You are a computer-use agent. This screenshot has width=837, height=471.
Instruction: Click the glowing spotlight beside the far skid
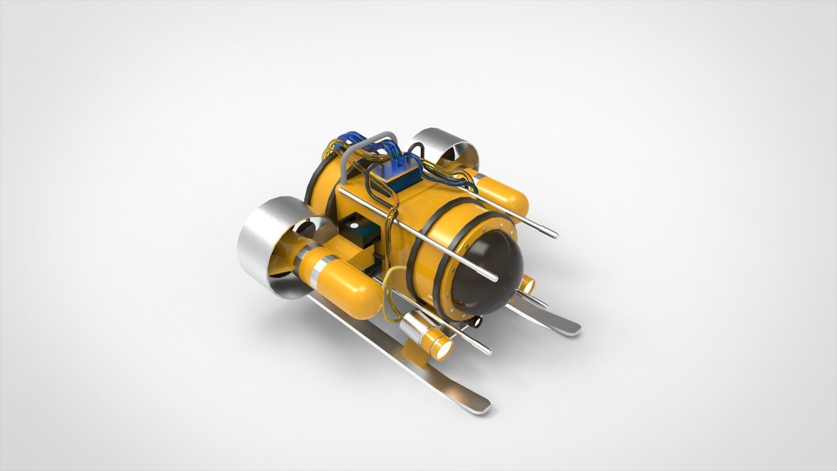529,286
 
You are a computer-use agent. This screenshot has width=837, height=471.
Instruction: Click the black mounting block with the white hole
355,229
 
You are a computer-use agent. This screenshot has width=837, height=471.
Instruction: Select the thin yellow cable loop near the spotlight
390,283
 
